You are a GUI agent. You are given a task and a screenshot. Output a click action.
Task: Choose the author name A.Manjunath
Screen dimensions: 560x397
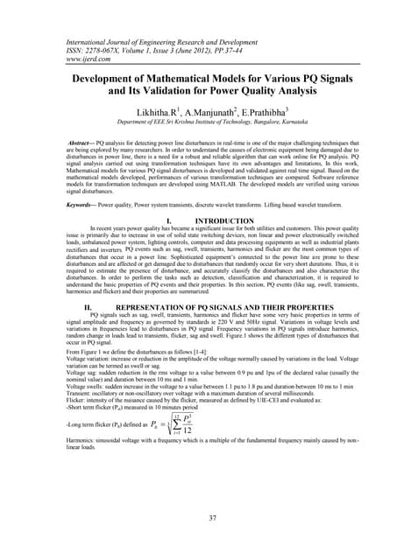[x=209, y=112]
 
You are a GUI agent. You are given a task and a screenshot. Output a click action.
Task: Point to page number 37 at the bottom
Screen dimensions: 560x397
[x=198, y=519]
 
